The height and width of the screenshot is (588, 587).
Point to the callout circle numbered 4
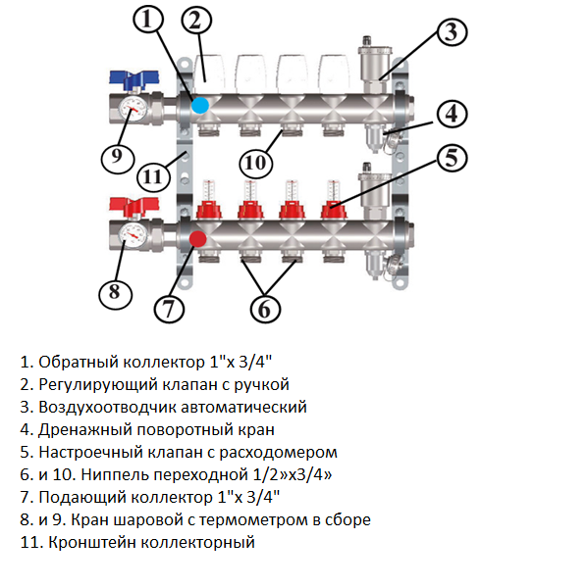point(450,114)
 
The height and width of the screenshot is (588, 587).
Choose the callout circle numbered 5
point(450,157)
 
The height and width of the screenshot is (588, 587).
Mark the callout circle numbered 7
point(169,309)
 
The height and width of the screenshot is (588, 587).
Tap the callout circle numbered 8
point(116,291)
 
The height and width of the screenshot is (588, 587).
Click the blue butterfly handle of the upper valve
point(128,78)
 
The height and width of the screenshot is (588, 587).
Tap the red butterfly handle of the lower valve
point(128,208)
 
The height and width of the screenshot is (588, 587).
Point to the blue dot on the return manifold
point(200,105)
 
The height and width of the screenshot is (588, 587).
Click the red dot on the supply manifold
point(197,238)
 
